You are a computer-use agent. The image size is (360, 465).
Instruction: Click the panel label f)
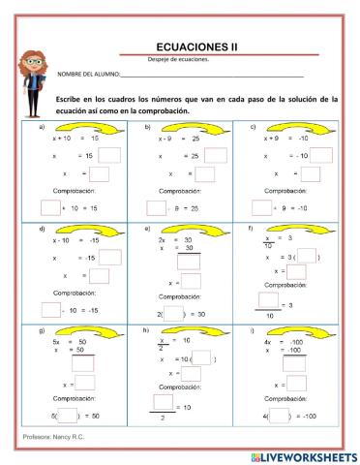point(252,229)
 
